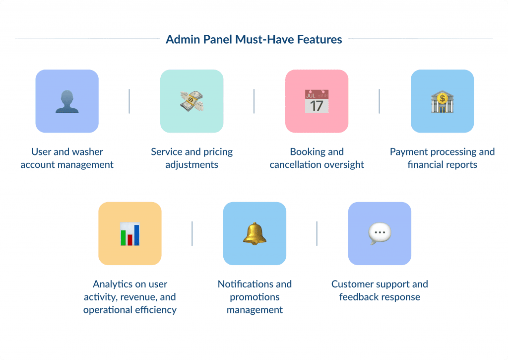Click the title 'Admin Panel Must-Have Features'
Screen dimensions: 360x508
[x=254, y=39]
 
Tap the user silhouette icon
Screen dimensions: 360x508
[x=67, y=101]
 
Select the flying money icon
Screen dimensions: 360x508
[x=192, y=101]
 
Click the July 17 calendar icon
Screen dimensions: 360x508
[x=317, y=101]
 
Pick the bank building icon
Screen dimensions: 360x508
[x=442, y=101]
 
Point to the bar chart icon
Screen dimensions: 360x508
[x=129, y=234]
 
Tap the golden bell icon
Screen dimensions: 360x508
[x=254, y=233]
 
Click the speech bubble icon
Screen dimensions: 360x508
[x=380, y=233]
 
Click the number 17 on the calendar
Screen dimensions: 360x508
[x=317, y=105]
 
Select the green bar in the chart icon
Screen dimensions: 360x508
[x=123, y=237]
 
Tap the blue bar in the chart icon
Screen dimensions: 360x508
[x=136, y=234]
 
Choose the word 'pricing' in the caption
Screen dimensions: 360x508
[x=216, y=152]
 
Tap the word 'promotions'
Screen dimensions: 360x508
[x=254, y=297]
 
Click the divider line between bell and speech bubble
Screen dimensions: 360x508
[x=317, y=233]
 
